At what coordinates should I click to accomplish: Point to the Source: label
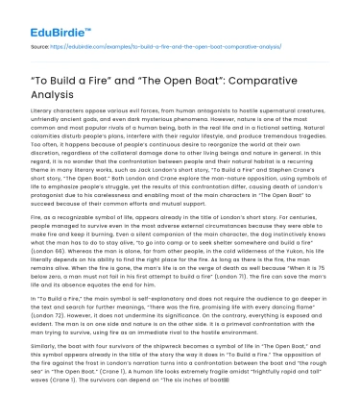tap(40, 44)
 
